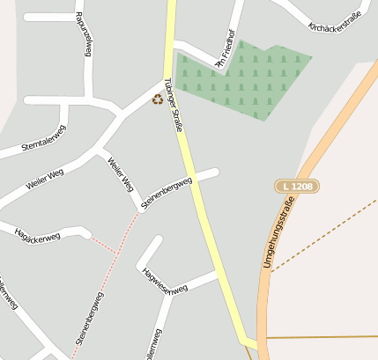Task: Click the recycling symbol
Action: pyautogui.click(x=158, y=99)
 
